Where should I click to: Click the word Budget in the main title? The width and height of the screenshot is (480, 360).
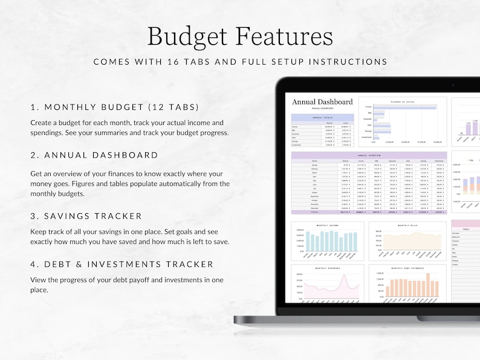pyautogui.click(x=188, y=36)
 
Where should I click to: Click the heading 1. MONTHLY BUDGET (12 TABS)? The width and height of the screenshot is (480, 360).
pyautogui.click(x=115, y=107)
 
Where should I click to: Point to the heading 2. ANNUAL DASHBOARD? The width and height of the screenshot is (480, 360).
pyautogui.click(x=94, y=155)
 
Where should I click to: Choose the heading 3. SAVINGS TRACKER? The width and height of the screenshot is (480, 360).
pyautogui.click(x=86, y=216)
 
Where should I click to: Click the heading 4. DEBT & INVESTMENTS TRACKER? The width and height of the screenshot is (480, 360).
pyautogui.click(x=122, y=264)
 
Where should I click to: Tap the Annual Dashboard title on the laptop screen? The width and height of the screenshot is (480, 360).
pyautogui.click(x=322, y=102)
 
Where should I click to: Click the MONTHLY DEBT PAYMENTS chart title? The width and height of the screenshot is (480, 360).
pyautogui.click(x=404, y=268)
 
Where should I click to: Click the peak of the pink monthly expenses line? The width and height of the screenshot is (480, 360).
pyautogui.click(x=345, y=278)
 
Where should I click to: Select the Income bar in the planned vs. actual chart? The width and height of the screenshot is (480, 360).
pyautogui.click(x=404, y=108)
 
